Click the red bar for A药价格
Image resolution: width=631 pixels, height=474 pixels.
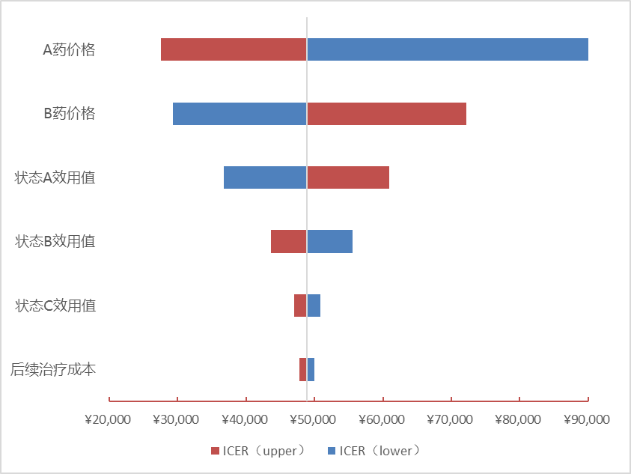(234, 49)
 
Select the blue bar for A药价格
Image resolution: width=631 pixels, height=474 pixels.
(447, 49)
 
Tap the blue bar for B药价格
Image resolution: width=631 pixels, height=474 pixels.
(240, 114)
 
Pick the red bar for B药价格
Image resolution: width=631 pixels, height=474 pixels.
(386, 114)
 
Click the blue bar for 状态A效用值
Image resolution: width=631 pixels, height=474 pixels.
(265, 177)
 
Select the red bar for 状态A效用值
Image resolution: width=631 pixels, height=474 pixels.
(348, 177)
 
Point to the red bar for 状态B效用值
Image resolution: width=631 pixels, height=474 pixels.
(289, 242)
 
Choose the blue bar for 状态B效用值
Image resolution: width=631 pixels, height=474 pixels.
(329, 242)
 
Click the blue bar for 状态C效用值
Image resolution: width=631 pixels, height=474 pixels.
(314, 306)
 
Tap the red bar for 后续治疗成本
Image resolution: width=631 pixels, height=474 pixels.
(302, 369)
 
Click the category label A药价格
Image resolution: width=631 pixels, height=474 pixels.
(69, 50)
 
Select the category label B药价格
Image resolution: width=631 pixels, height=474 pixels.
(69, 114)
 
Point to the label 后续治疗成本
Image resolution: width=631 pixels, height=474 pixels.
(53, 369)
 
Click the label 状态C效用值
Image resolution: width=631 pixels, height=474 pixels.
(55, 306)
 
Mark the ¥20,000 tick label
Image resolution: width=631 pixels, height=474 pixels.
(109, 419)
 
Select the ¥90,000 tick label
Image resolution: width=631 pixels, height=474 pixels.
(588, 419)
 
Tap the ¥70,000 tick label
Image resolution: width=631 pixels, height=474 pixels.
(451, 419)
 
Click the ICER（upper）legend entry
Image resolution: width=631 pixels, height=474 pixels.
(259, 451)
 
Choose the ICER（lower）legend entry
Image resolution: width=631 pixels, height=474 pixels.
(375, 451)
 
